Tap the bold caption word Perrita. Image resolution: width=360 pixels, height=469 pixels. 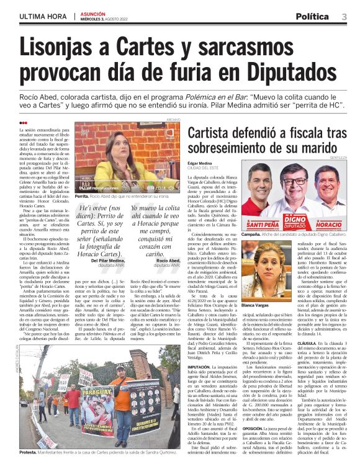[x=81, y=196]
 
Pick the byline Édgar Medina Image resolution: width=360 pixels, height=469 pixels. [x=200, y=163]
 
